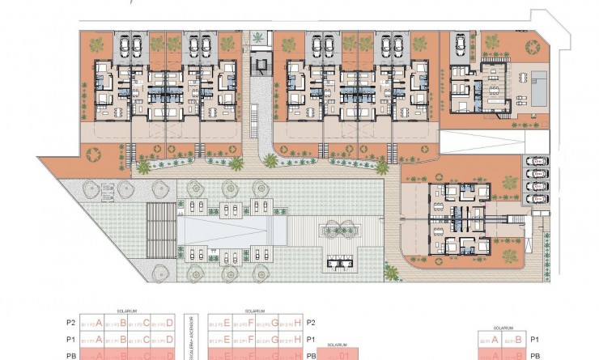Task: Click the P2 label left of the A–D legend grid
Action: pos(70,322)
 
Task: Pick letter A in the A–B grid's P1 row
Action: pos(495,340)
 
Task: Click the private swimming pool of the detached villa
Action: pos(537,82)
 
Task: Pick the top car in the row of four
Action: pos(536,160)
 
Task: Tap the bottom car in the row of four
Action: pos(536,198)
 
